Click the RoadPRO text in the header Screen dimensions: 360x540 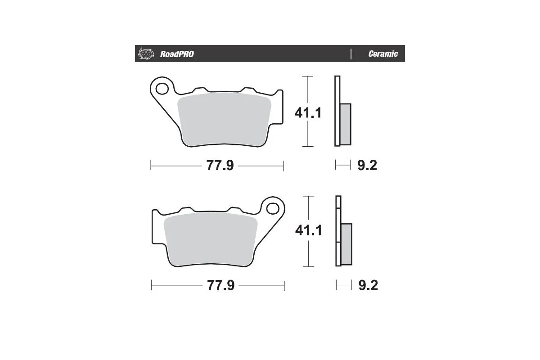point(177,54)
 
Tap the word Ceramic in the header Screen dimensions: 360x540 point(383,54)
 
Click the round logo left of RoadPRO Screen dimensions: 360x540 point(145,54)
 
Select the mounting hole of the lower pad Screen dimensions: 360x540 point(272,208)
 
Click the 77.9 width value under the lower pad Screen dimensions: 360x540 point(220,285)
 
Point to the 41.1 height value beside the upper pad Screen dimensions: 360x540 point(308,112)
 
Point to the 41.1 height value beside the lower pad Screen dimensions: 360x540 point(308,231)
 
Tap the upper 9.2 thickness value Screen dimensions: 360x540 point(367,166)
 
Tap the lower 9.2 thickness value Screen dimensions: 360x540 point(368,285)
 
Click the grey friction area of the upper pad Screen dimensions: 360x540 point(224,119)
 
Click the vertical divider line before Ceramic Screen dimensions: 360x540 point(351,54)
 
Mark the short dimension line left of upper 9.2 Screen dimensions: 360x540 point(342,166)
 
